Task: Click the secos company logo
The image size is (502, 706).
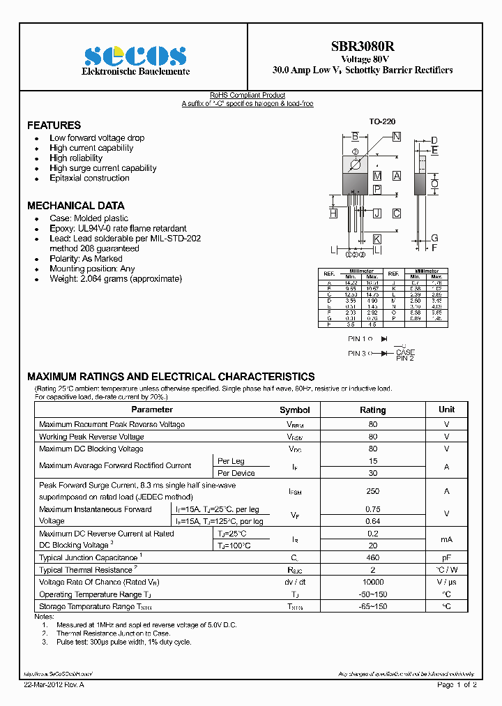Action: pos(135,55)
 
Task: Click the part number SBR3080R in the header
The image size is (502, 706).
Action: pos(362,47)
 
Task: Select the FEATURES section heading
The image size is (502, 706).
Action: pos(54,126)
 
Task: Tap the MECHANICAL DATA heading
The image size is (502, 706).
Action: pos(75,206)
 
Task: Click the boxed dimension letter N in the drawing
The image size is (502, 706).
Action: pos(396,137)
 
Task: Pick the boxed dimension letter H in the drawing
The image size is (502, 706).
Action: pos(333,213)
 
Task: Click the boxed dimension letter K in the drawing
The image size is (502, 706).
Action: pos(376,239)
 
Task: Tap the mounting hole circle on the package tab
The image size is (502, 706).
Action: pos(355,165)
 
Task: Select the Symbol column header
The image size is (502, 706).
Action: pos(294,410)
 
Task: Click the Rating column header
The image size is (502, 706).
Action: pos(372,410)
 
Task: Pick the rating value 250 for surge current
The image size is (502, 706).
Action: pos(372,491)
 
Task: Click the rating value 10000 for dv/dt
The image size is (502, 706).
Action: pos(372,582)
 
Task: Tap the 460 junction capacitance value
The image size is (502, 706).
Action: pos(372,558)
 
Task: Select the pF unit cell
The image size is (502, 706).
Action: pos(446,558)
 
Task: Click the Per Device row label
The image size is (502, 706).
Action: pos(236,473)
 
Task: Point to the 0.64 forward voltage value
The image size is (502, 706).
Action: pos(372,521)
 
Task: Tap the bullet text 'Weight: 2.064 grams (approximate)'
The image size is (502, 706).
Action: pos(115,279)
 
